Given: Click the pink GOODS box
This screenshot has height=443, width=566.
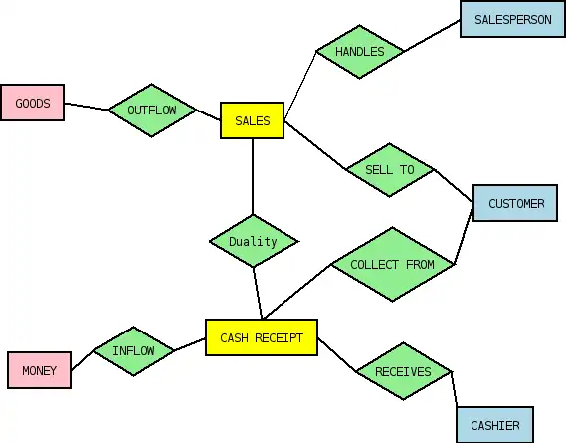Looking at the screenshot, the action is (33, 103).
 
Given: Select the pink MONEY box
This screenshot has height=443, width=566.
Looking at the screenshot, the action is (40, 370).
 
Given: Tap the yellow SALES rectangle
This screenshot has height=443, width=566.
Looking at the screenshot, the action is (253, 120).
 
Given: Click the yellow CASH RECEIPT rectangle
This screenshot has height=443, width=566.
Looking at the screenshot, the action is (262, 337).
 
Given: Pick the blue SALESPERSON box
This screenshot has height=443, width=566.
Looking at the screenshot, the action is (512, 19).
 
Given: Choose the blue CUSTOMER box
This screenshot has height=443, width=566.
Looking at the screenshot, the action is (515, 203).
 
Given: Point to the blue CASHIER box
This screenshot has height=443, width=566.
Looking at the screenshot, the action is (495, 425).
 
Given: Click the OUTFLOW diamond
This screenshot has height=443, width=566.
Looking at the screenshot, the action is (152, 111).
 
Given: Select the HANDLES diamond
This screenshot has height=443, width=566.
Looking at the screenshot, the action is (359, 52).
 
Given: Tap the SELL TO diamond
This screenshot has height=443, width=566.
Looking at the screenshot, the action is (390, 170).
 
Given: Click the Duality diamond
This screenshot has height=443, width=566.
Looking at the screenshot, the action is (253, 241).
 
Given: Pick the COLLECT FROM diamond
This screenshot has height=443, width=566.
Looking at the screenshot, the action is (392, 264).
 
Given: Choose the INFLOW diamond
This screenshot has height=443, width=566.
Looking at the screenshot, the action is (133, 350).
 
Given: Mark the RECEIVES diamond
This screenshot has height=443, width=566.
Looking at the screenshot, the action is (403, 371).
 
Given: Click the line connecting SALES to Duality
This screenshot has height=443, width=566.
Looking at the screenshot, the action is (253, 176).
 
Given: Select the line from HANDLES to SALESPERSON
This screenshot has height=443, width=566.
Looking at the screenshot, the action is (432, 36).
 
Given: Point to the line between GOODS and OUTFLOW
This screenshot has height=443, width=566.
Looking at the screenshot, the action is (87, 107).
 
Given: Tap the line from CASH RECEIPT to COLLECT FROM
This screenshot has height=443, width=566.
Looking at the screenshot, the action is (296, 292).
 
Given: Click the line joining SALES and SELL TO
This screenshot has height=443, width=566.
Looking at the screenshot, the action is (315, 145).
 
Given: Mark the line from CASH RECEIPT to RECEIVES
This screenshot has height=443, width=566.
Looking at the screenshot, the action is (337, 354).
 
